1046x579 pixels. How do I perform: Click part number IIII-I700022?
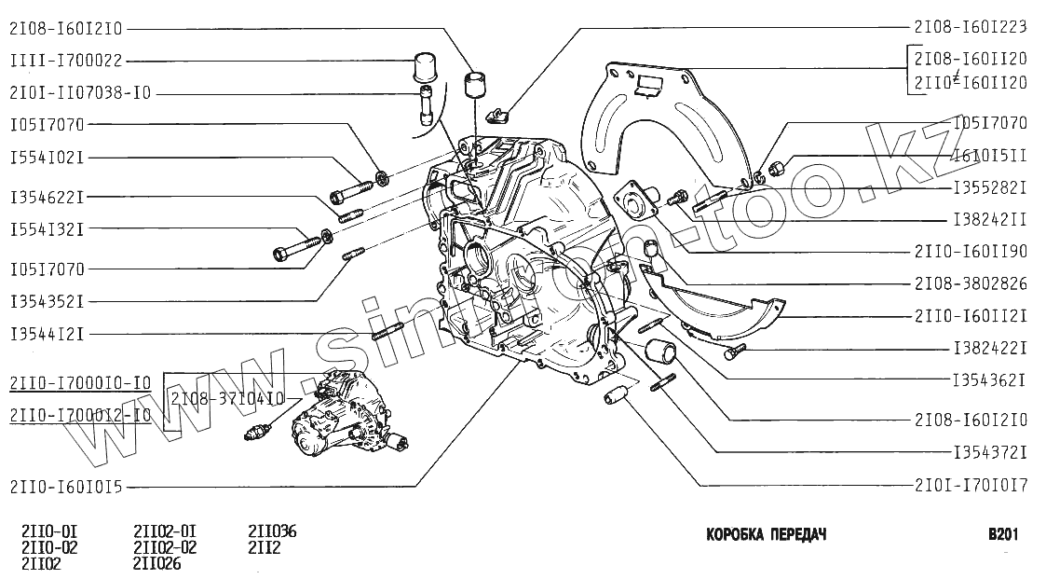click(65, 62)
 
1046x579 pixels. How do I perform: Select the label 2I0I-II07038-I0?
click(81, 93)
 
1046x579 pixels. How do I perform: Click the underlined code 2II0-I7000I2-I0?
click(80, 416)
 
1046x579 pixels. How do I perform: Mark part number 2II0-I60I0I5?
click(73, 486)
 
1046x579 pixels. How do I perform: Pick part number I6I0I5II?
click(989, 158)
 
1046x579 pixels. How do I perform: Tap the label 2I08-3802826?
click(970, 283)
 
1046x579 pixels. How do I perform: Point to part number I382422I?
click(989, 348)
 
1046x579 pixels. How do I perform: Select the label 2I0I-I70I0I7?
click(970, 486)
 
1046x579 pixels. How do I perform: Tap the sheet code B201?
click(1002, 535)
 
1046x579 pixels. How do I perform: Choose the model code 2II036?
click(272, 532)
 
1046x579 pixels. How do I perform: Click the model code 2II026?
click(157, 563)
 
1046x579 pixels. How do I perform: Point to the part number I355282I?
click(989, 187)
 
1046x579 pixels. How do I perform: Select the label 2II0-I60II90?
click(970, 251)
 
